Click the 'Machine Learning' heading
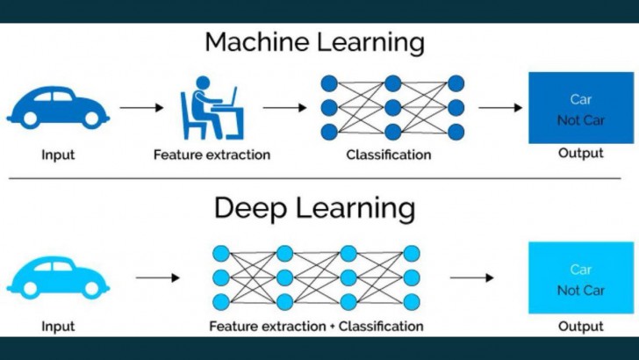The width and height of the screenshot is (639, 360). click(x=314, y=42)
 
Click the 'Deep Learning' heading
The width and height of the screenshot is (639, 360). click(x=314, y=209)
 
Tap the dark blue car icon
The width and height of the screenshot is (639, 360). click(x=58, y=106)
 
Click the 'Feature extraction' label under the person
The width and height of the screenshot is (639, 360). click(x=212, y=155)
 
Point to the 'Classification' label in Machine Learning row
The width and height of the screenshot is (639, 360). click(x=389, y=155)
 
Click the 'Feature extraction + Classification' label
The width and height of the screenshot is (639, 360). click(x=316, y=327)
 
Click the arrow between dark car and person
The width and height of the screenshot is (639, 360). click(x=141, y=108)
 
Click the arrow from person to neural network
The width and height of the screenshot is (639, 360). click(x=284, y=108)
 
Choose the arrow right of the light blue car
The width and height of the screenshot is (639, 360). click(x=158, y=278)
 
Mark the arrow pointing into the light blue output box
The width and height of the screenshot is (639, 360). click(x=471, y=278)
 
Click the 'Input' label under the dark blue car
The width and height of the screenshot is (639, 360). click(x=58, y=155)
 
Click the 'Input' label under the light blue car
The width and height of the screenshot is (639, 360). click(x=58, y=327)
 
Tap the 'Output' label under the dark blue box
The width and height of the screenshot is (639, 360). click(x=581, y=154)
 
